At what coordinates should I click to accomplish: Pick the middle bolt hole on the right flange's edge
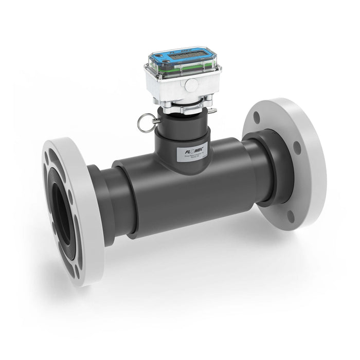tap(298, 148)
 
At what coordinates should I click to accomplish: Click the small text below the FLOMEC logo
tap(196, 161)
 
